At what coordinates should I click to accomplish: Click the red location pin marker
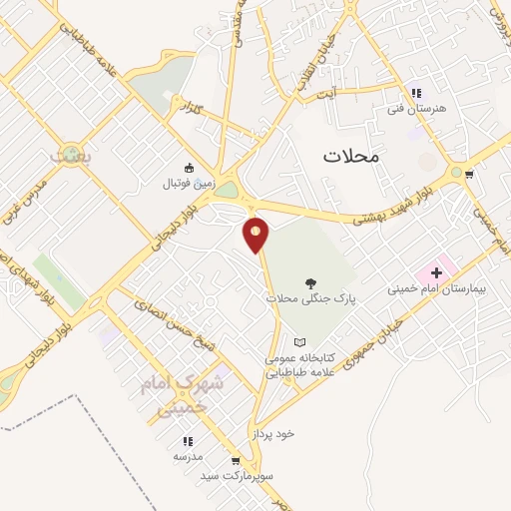click(x=256, y=236)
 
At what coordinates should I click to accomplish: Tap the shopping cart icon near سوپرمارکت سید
click(x=236, y=461)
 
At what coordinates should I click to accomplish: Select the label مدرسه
click(x=187, y=455)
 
